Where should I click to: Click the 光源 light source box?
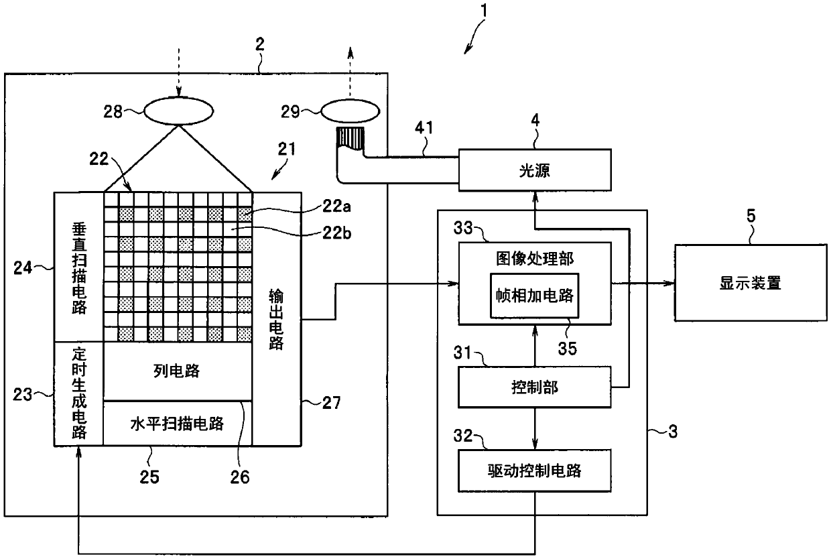535,170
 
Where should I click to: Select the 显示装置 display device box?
751,283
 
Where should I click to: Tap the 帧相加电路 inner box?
535,296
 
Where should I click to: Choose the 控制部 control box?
535,387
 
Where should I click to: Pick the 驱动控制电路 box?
535,471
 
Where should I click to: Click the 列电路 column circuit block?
178,371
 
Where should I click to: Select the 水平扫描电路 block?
178,423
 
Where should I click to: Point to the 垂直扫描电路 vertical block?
78,267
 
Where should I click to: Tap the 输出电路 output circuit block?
277,319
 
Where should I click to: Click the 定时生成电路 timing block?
78,393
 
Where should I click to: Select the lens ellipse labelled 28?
178,111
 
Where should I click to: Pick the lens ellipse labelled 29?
350,111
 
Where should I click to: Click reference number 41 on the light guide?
424,127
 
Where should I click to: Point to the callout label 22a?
336,206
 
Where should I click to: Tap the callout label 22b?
336,233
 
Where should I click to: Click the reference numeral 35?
567,349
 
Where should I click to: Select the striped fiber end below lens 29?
350,138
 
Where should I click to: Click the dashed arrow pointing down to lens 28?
179,72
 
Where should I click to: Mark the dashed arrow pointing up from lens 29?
350,74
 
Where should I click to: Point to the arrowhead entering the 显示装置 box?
669,284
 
